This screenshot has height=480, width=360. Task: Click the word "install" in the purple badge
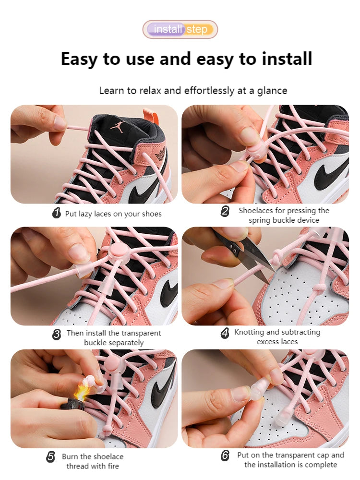(x=168, y=29)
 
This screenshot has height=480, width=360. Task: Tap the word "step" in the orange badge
(x=197, y=30)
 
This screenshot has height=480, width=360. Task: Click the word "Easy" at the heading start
(x=79, y=59)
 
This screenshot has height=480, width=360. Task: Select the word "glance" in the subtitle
(x=272, y=91)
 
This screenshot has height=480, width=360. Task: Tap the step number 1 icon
(x=57, y=213)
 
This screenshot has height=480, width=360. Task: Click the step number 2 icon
(x=225, y=211)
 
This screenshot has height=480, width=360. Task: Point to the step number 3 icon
(x=57, y=334)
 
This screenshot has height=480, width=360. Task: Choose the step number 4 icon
(x=225, y=333)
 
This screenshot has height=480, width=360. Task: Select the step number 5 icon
(x=51, y=457)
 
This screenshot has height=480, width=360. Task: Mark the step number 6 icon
(x=225, y=456)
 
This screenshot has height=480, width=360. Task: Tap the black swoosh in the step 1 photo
(x=147, y=188)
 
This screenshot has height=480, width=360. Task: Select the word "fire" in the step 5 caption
(x=113, y=466)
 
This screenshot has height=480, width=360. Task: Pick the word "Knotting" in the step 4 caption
(x=249, y=333)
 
